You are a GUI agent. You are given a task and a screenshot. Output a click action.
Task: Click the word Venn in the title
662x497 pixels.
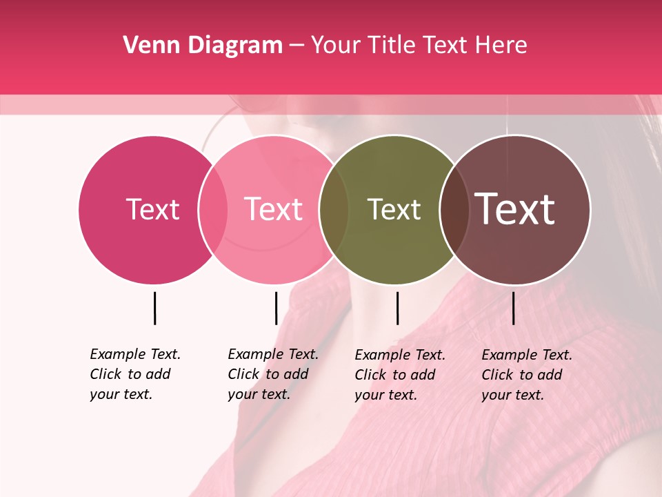click(x=147, y=46)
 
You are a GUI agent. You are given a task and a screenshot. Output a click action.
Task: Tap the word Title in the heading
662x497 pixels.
click(x=392, y=46)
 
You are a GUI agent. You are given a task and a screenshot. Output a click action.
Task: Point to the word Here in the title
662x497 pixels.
click(x=501, y=46)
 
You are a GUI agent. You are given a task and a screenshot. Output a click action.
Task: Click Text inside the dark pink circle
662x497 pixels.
click(x=152, y=210)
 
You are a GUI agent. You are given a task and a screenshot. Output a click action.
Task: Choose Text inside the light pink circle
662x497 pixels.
click(x=274, y=210)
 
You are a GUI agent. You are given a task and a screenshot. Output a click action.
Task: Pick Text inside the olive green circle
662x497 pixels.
click(x=394, y=210)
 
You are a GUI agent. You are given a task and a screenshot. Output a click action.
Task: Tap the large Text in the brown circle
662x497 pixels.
click(x=515, y=209)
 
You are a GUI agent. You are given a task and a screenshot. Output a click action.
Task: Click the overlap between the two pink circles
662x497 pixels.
click(x=213, y=210)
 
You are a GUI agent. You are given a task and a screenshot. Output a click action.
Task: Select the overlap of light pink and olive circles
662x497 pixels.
click(x=334, y=210)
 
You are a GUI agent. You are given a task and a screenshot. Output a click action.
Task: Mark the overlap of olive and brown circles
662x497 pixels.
click(x=454, y=210)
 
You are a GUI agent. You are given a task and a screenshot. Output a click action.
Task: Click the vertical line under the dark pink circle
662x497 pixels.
click(x=154, y=308)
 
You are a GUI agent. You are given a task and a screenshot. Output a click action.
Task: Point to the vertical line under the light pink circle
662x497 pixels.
click(x=276, y=308)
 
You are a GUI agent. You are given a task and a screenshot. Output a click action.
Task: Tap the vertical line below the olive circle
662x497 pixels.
click(x=397, y=308)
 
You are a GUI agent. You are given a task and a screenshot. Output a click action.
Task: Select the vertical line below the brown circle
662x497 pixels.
click(x=514, y=308)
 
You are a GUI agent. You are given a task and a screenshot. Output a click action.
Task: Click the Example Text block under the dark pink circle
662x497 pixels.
click(x=134, y=374)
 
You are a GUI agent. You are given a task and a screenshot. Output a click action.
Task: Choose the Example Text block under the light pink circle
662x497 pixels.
click(x=272, y=374)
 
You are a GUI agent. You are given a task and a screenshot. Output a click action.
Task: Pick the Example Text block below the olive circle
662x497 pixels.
click(x=399, y=375)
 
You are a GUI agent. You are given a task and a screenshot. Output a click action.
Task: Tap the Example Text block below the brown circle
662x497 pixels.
click(x=526, y=375)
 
